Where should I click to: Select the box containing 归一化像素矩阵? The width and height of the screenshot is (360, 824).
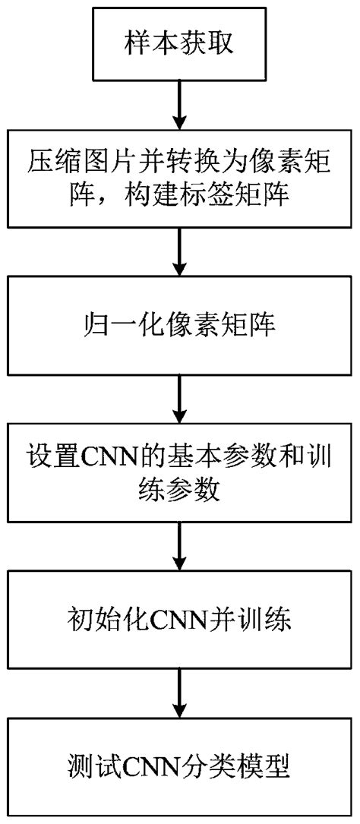tap(179, 330)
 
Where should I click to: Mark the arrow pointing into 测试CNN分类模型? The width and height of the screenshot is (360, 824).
tap(179, 690)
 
